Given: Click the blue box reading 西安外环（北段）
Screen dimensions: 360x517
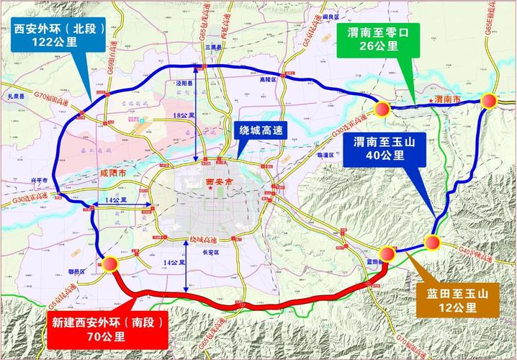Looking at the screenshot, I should point(60,35).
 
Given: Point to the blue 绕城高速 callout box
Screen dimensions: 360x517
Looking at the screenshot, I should point(264,130).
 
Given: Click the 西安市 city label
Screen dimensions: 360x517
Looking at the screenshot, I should point(216,183).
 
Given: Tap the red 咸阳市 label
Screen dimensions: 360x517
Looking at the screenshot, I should point(112,174).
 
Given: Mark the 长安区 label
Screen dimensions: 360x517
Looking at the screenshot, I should point(210,253).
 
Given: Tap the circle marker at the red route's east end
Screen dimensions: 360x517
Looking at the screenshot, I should point(387,253).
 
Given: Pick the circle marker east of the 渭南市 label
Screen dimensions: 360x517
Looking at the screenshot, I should point(490,101).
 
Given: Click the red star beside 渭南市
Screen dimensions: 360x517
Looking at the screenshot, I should point(431,99).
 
